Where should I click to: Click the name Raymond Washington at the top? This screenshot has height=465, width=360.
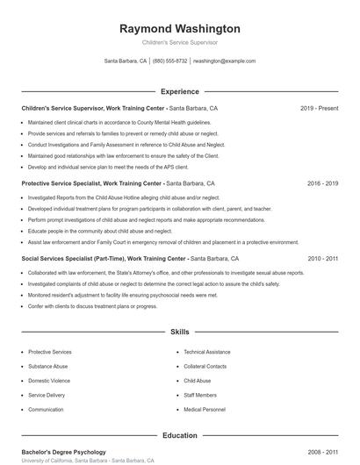click(180, 29)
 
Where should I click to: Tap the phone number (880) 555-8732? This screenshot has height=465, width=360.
click(170, 61)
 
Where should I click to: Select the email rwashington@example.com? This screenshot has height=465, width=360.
click(225, 61)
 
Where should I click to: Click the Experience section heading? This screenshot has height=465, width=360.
click(180, 91)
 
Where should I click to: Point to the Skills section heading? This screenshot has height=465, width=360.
click(180, 333)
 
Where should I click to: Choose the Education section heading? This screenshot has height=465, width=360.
click(180, 435)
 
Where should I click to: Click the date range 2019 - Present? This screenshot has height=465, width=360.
click(319, 108)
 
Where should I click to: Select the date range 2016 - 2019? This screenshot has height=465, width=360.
click(322, 184)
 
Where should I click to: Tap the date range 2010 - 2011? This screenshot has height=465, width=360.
click(322, 259)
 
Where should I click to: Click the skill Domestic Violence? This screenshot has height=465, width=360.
click(49, 381)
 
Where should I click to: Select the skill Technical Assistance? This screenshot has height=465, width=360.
click(207, 352)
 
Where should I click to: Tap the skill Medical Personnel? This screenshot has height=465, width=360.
click(205, 410)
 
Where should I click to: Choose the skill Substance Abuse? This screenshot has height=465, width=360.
click(47, 366)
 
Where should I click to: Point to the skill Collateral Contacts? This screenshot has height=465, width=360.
click(205, 366)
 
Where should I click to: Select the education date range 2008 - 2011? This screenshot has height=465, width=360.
click(322, 452)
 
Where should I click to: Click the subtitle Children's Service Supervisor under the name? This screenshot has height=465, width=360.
click(180, 42)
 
